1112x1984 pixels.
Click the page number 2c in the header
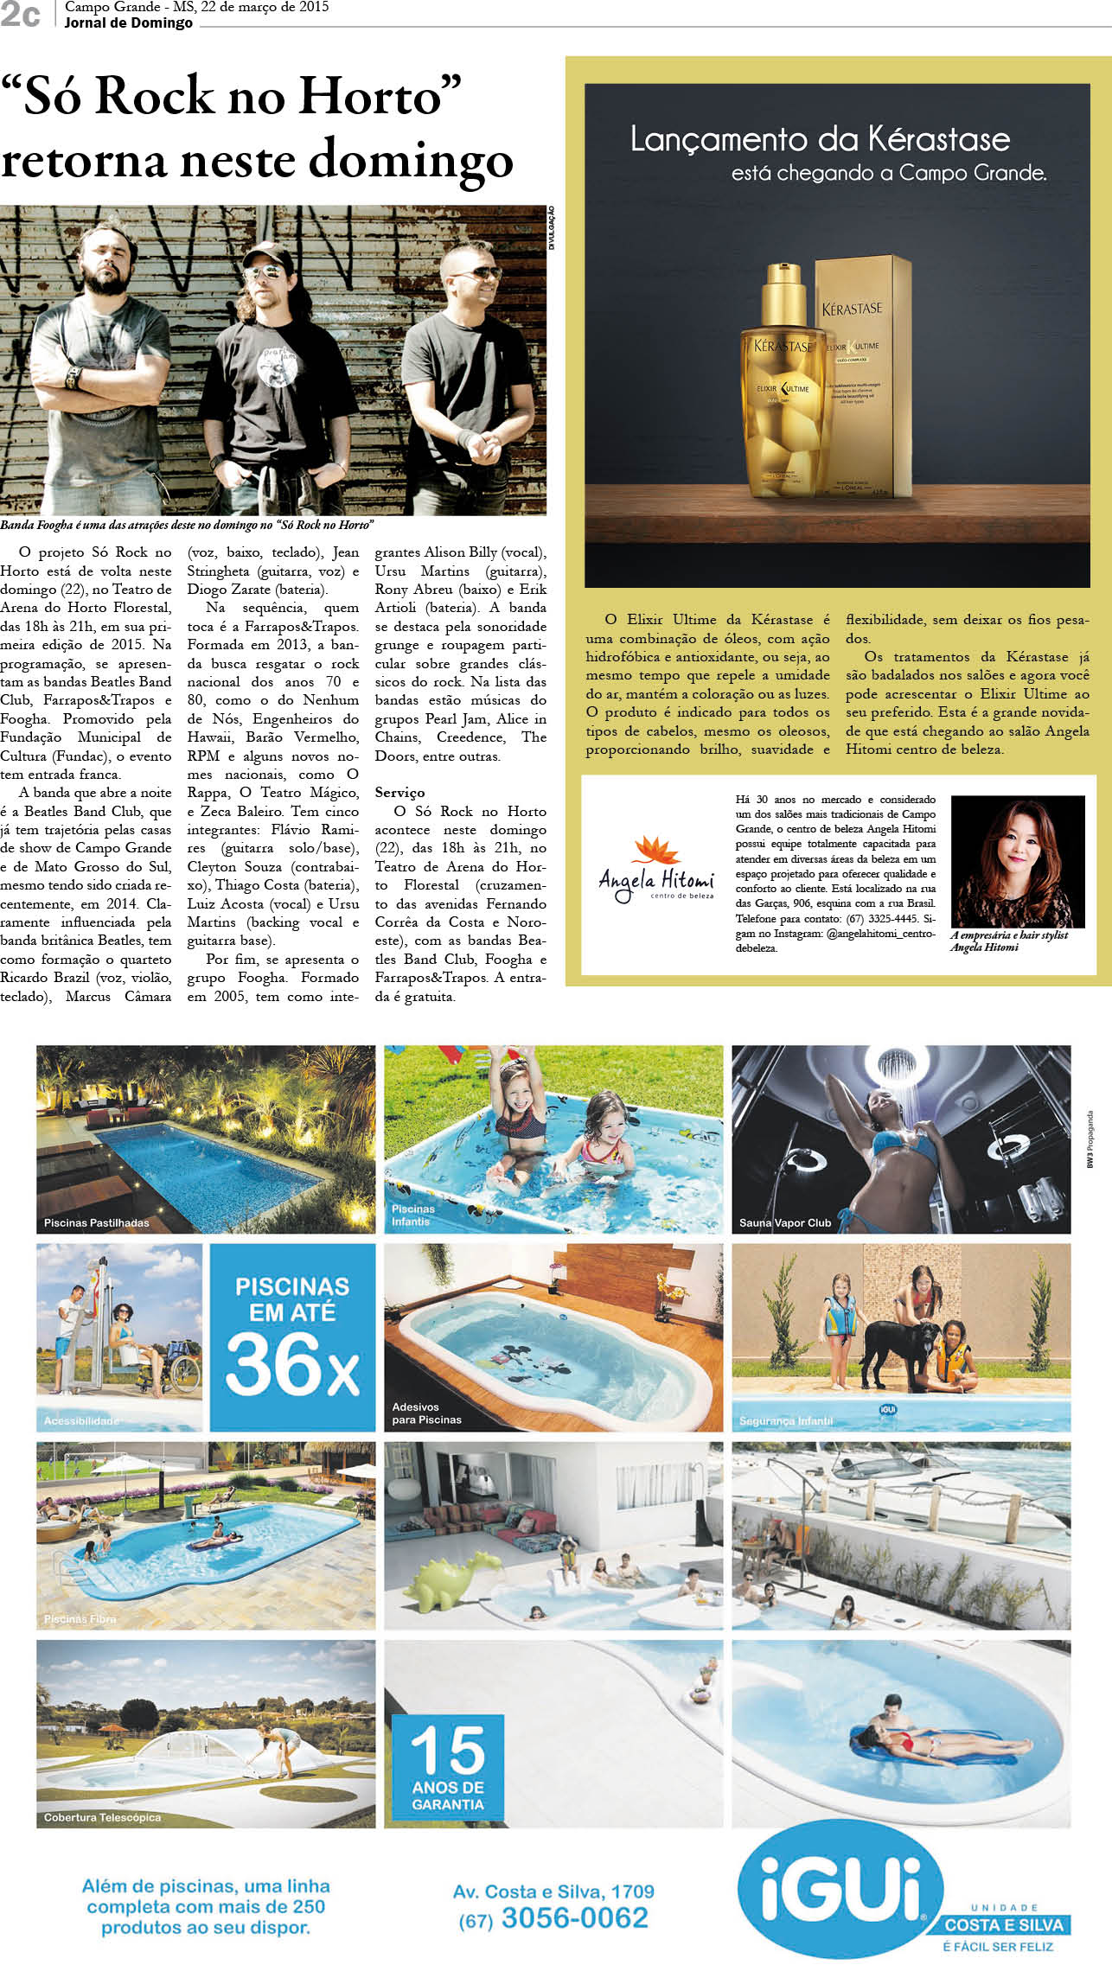point(21,15)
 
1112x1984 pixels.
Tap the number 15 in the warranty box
point(448,1751)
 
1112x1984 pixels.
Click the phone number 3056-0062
point(574,1917)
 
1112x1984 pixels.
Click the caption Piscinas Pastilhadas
point(97,1222)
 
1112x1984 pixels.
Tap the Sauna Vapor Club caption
point(784,1222)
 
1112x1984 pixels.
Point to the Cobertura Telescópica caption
point(102,1817)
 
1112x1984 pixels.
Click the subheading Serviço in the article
point(399,792)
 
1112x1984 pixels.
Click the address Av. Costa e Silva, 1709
point(553,1891)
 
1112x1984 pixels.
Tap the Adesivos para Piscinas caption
point(426,1413)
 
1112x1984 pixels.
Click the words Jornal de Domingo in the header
point(128,22)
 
